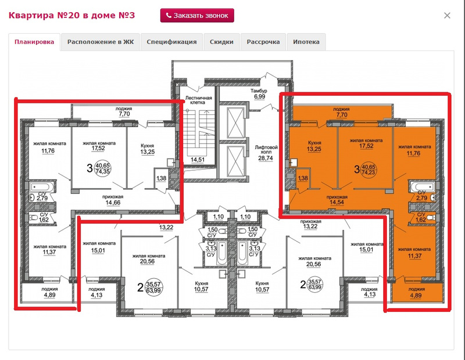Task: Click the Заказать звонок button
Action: coord(197,16)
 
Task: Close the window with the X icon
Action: coord(447,16)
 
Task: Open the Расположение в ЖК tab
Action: coord(101,42)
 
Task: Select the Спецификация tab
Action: coord(171,42)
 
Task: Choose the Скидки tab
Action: coord(221,42)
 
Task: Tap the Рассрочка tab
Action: coord(263,42)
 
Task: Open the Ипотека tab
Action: coord(306,42)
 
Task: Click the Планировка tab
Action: coord(34,42)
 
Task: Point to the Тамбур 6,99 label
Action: coord(259,93)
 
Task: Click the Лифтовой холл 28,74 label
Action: coord(266,153)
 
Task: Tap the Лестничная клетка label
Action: coord(198,100)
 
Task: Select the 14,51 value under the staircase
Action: coord(198,160)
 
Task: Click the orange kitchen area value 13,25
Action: coord(314,149)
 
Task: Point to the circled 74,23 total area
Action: coord(369,172)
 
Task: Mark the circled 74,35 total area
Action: coord(102,171)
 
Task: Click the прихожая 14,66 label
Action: coord(113,200)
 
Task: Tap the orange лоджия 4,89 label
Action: coord(417,292)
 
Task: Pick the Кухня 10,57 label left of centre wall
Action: coord(201,286)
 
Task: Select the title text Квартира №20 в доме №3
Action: coord(71,15)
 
